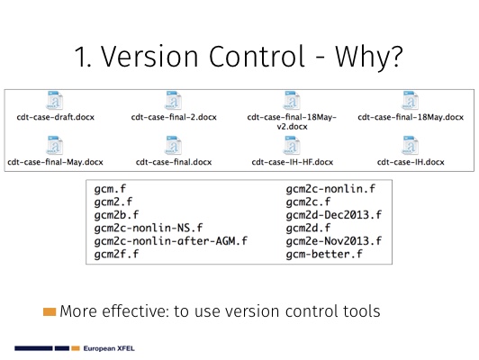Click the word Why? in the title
tap(369, 57)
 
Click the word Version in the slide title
tap(149, 57)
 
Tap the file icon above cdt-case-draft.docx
tap(55, 100)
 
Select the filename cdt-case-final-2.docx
tap(174, 117)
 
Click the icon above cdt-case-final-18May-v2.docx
tap(292, 100)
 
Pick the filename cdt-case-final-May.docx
tap(55, 162)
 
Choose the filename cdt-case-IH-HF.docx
tap(293, 162)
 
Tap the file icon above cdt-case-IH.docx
tap(411, 145)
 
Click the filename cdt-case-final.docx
tap(174, 162)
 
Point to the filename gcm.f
tap(110, 189)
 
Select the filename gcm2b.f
tap(116, 215)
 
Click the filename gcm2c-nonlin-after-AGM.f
tap(171, 241)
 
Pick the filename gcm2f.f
tap(116, 254)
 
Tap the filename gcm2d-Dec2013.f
tap(334, 215)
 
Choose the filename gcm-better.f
tap(324, 254)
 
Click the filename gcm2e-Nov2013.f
tap(334, 241)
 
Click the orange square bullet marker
tap(50, 311)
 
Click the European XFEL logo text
tap(109, 348)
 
